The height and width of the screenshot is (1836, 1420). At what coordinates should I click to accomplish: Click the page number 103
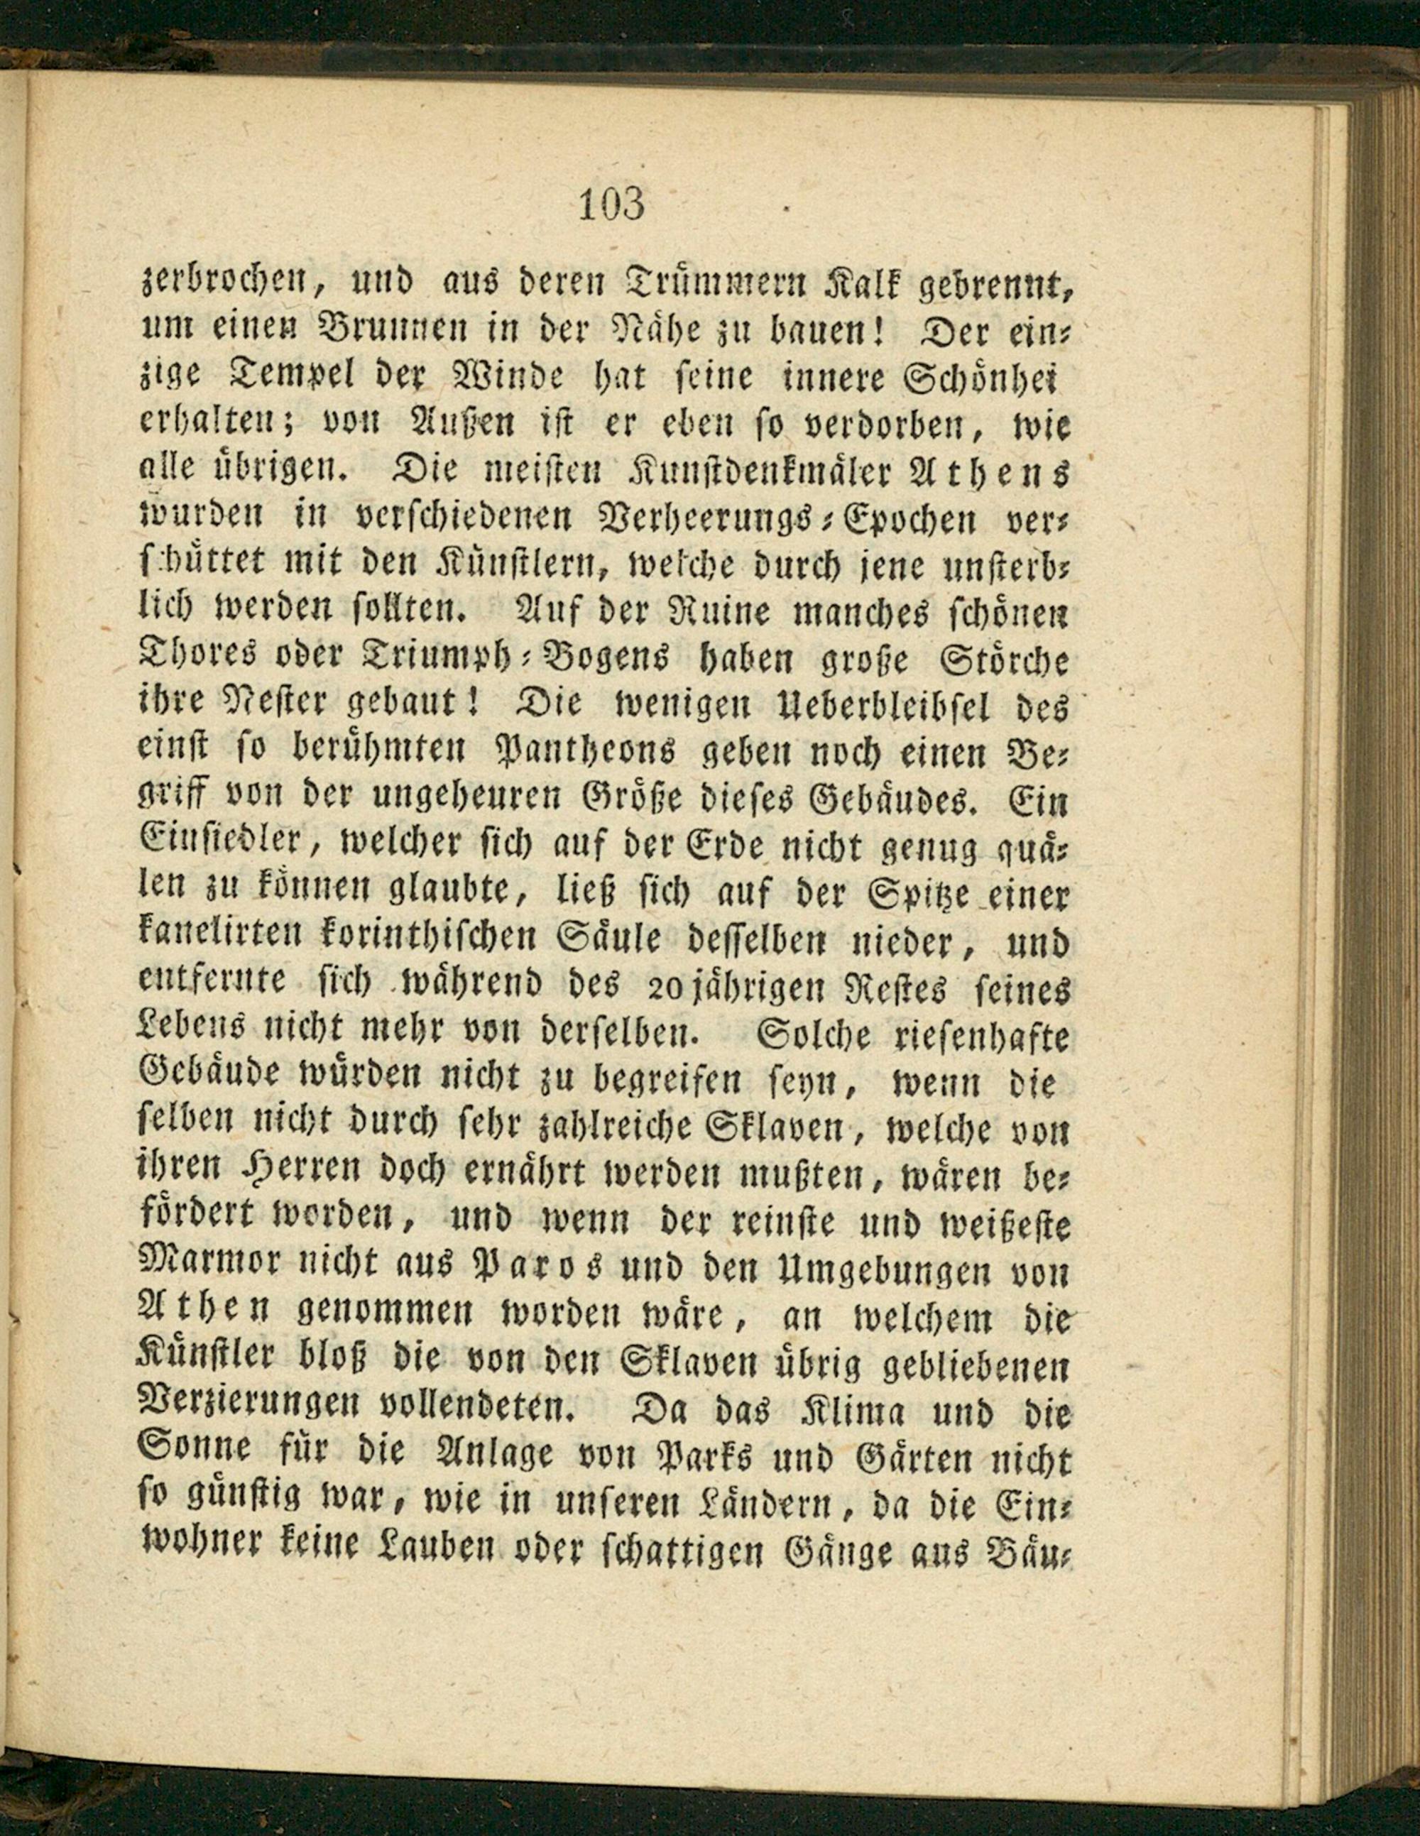pyautogui.click(x=611, y=204)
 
